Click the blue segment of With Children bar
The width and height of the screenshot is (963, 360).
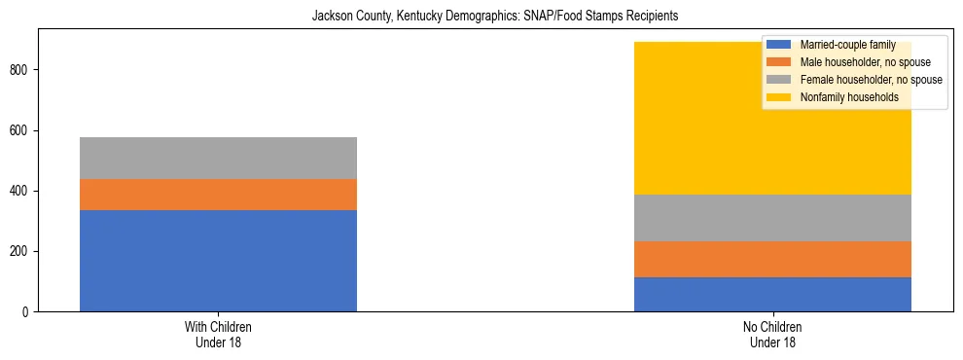click(218, 261)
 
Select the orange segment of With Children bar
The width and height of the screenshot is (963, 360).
click(218, 195)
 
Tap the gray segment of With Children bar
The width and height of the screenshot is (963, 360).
click(218, 158)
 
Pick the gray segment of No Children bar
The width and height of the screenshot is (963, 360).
click(772, 218)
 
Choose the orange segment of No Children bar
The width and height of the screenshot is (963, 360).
click(772, 259)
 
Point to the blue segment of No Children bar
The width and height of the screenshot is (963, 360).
click(772, 294)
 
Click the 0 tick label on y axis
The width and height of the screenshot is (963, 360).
click(28, 312)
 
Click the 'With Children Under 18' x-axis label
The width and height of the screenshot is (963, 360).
click(218, 335)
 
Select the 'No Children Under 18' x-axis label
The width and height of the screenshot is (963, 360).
click(772, 335)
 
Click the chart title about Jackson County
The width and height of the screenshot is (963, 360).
click(494, 17)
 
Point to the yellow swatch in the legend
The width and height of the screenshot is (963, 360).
click(779, 97)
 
